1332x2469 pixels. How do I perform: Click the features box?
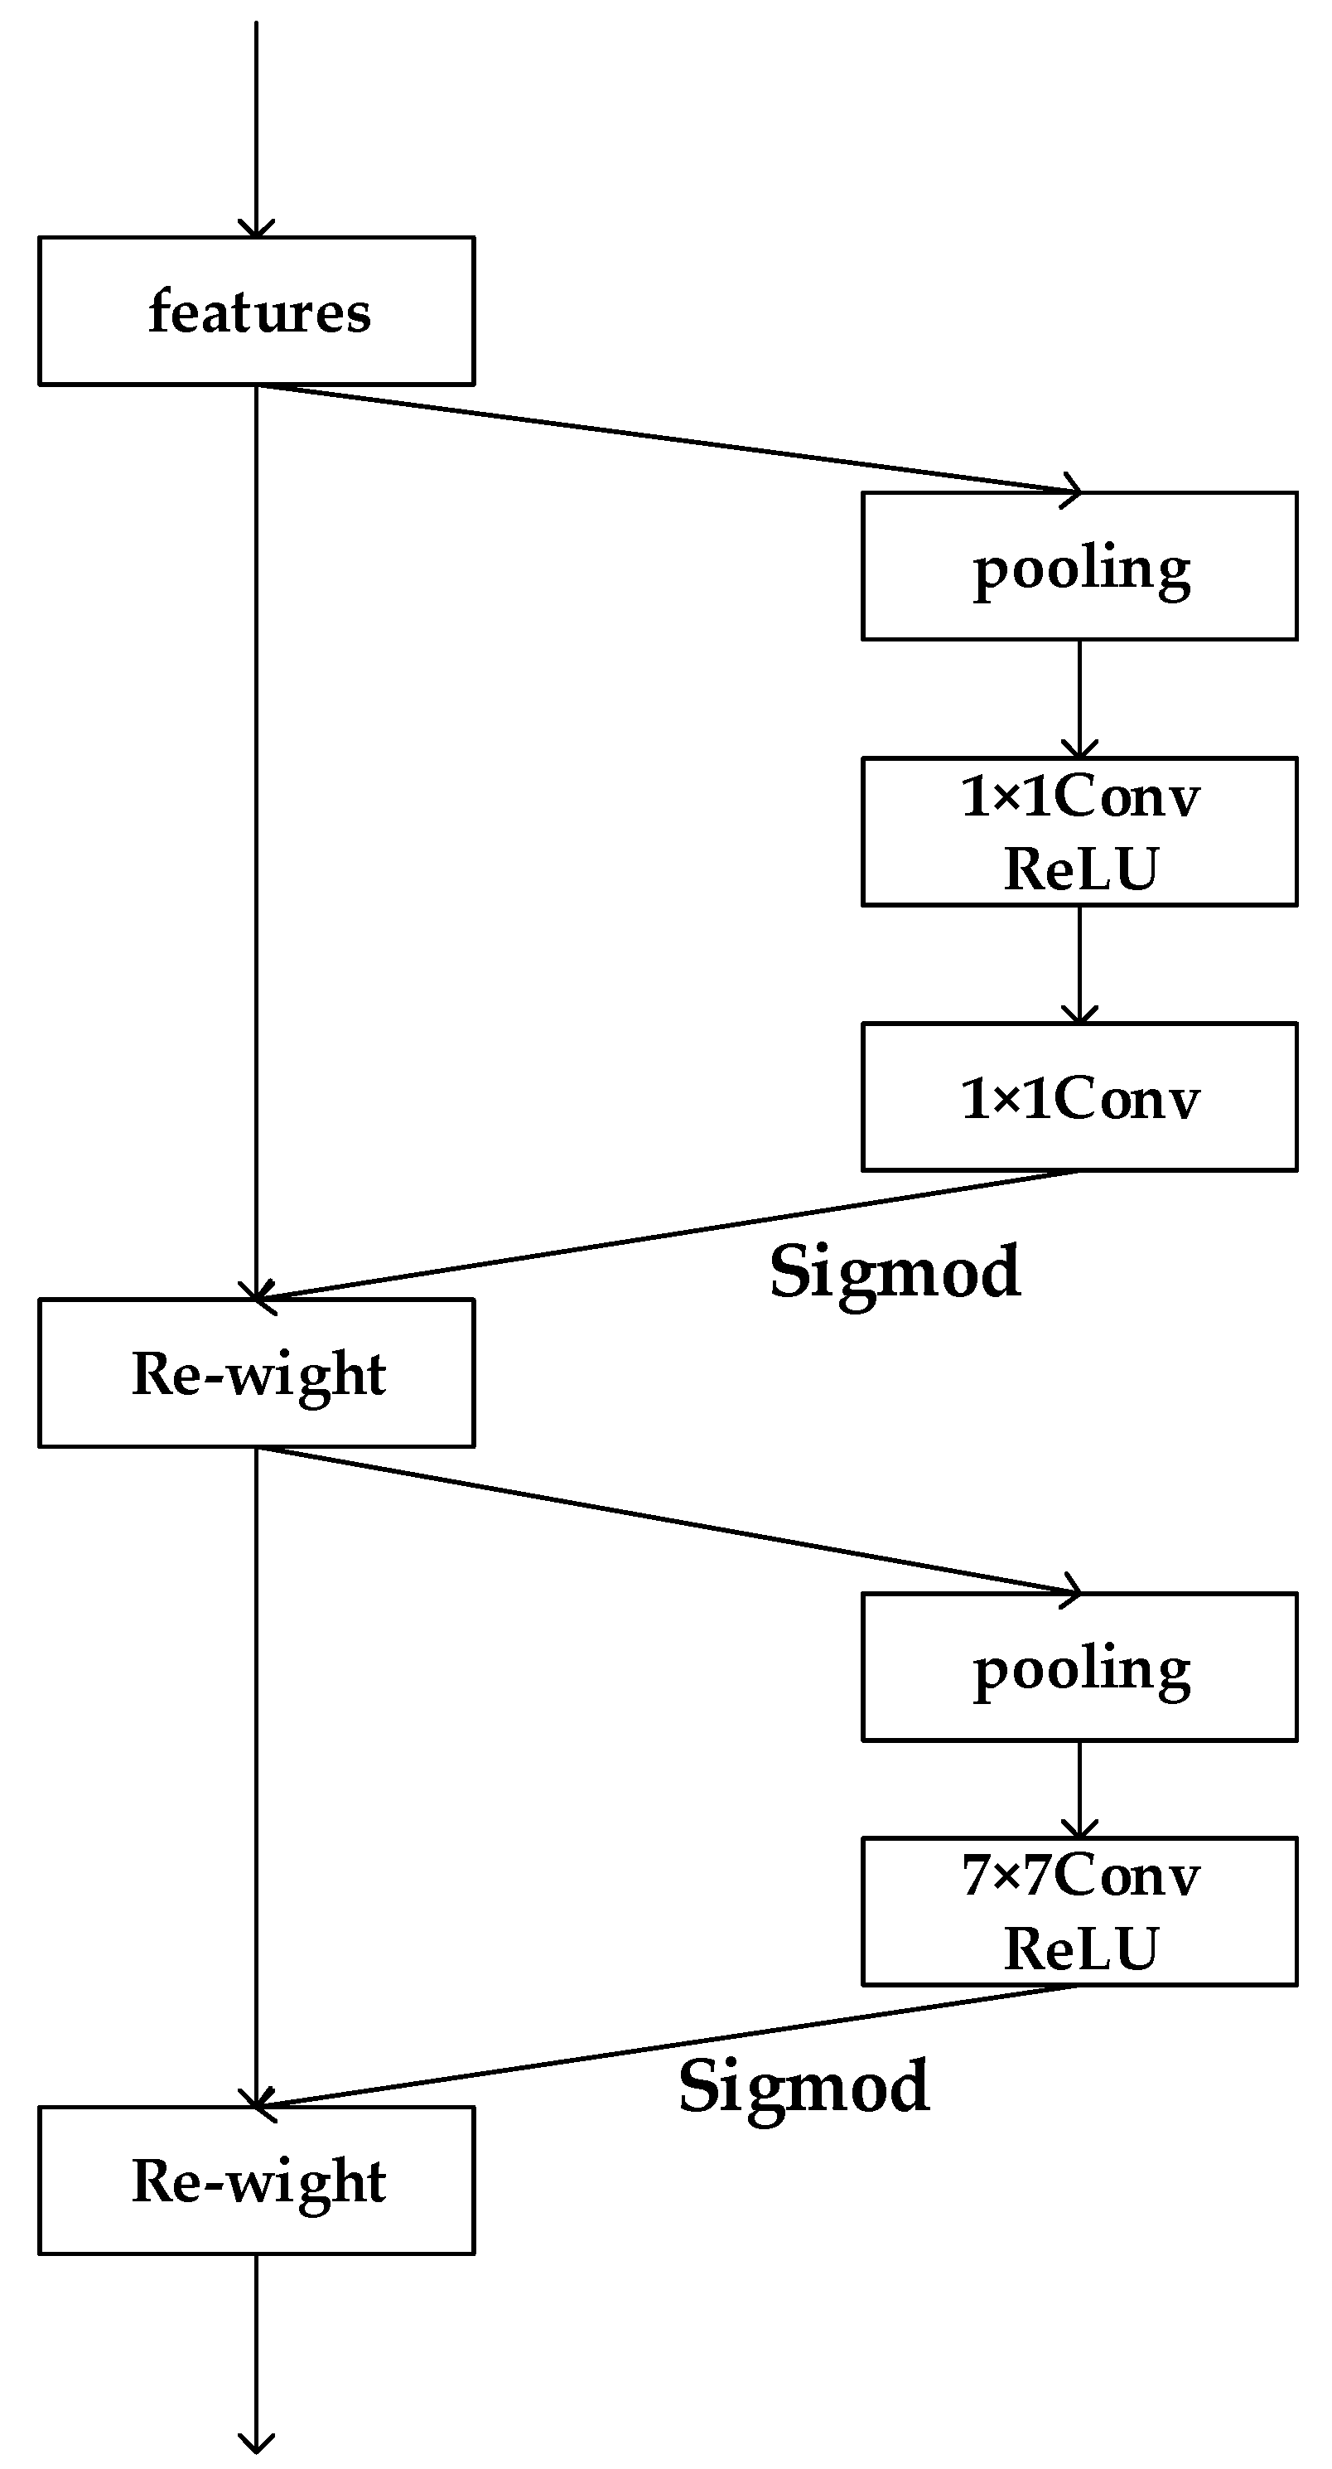tap(257, 312)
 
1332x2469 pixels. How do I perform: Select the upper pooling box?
tap(1079, 566)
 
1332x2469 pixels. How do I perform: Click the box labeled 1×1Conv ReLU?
tap(1079, 831)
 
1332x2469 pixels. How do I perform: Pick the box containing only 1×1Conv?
tap(1079, 1097)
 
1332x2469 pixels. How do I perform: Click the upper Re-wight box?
tap(257, 1373)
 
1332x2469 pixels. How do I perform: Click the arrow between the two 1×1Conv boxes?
tap(1079, 963)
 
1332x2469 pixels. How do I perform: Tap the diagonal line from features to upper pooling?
tap(671, 440)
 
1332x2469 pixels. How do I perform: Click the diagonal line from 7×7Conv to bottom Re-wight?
tap(671, 2045)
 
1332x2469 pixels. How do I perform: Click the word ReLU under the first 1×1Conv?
tap(1081, 869)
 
